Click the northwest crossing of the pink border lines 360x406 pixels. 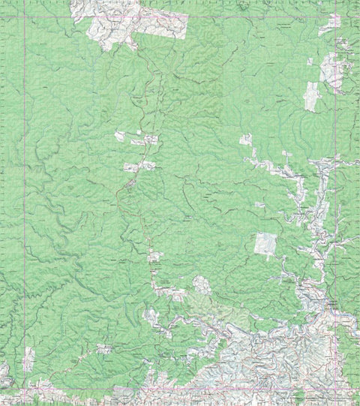(24, 17)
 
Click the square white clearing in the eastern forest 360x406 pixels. (265, 244)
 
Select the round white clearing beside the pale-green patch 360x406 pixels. (201, 284)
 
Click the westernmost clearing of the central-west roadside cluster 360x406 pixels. (119, 136)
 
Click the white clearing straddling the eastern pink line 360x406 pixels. (331, 71)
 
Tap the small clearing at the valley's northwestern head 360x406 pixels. (246, 140)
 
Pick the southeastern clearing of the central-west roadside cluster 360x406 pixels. (150, 165)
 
